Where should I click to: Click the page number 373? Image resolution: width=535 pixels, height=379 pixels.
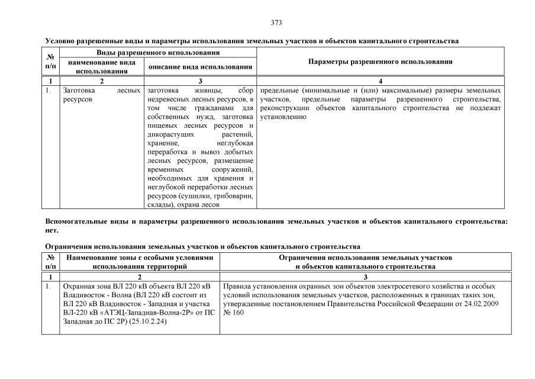click(x=276, y=23)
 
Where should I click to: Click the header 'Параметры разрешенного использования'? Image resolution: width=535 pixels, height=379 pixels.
click(x=381, y=62)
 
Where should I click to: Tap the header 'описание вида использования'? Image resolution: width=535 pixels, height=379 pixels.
click(x=201, y=67)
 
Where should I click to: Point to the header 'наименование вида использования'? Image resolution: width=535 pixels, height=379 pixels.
click(x=102, y=66)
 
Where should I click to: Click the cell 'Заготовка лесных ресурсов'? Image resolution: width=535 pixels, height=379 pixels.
click(x=101, y=95)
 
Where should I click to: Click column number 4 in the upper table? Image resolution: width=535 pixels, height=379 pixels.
click(x=381, y=81)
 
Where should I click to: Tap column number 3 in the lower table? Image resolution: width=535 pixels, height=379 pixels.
click(x=365, y=277)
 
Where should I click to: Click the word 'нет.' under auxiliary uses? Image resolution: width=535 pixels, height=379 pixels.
click(x=52, y=230)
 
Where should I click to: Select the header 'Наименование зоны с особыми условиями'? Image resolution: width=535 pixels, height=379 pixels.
click(x=139, y=258)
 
